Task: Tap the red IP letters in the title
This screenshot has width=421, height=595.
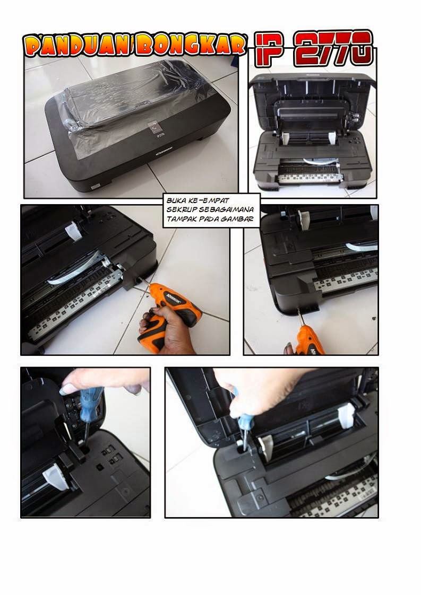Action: [x=269, y=48]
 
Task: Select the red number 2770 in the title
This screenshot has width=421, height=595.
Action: [x=333, y=48]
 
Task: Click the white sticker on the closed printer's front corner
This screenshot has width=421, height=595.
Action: [x=94, y=186]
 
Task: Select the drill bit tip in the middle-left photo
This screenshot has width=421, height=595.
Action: [x=140, y=279]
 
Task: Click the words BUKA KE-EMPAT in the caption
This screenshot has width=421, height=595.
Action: [x=197, y=200]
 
